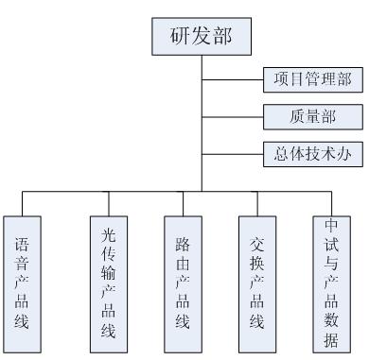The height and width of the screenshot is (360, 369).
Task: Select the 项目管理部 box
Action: (x=311, y=80)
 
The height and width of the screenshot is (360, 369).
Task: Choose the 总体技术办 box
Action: (x=311, y=151)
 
